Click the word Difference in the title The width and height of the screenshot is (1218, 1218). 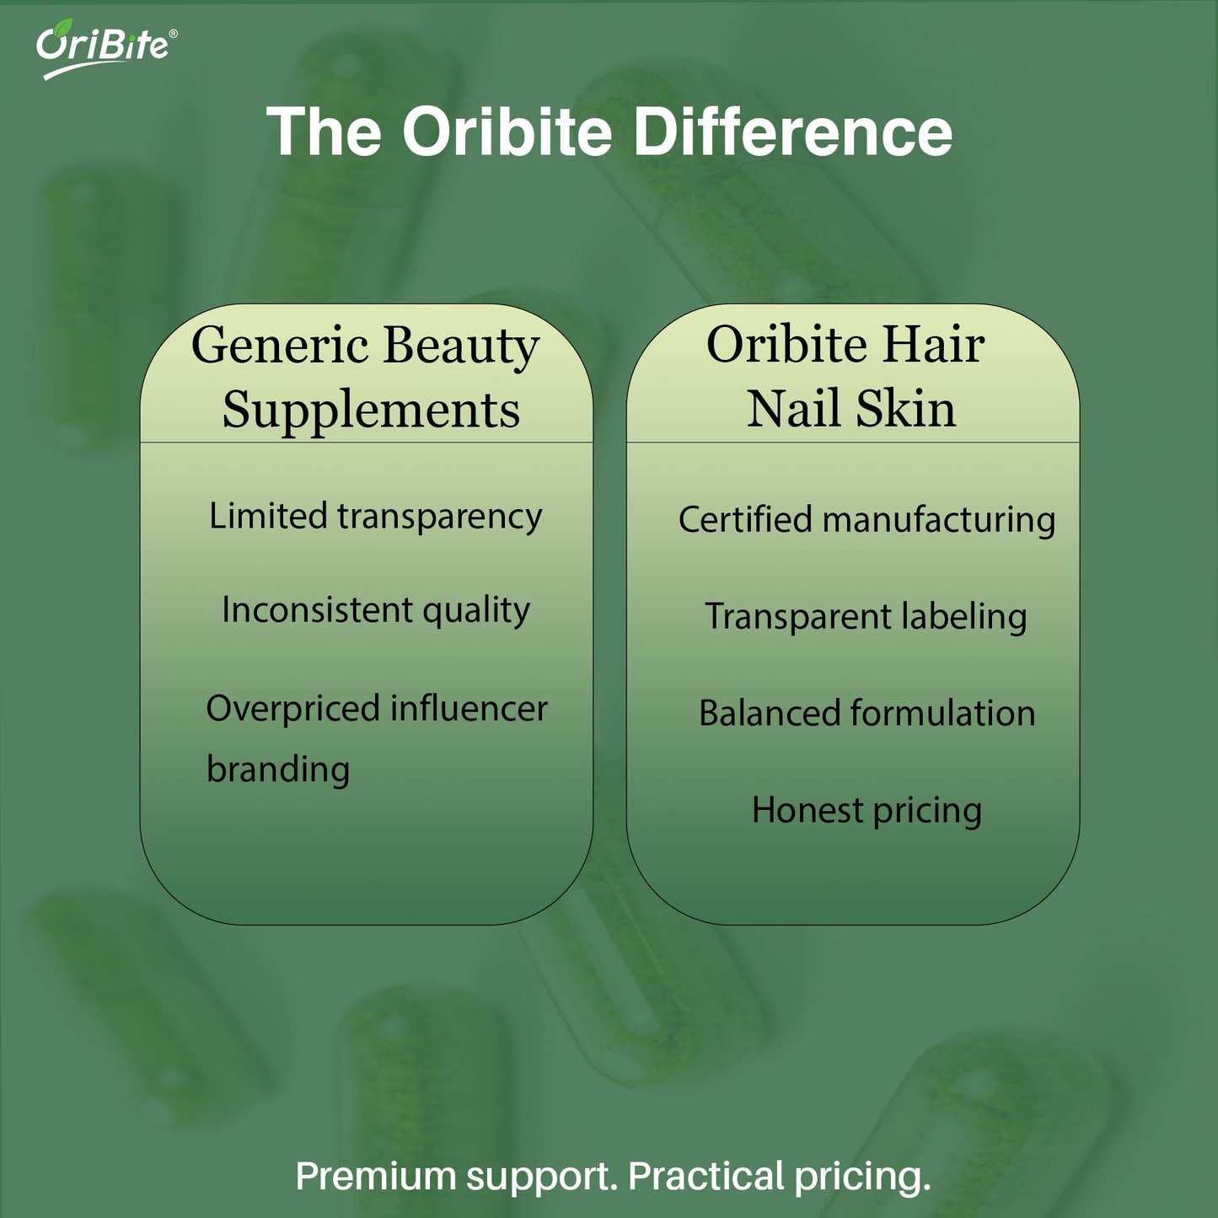click(x=792, y=132)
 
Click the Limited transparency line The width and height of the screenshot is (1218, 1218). click(x=375, y=517)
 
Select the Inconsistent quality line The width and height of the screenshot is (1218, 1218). click(x=375, y=610)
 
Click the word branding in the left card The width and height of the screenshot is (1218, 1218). click(x=278, y=770)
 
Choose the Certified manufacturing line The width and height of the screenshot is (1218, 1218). click(x=867, y=520)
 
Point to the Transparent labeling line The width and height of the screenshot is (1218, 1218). click(x=866, y=617)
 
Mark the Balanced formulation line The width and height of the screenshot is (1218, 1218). click(x=867, y=714)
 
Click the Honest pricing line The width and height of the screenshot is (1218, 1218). click(x=867, y=811)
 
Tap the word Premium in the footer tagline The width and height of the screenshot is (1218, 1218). click(x=375, y=1176)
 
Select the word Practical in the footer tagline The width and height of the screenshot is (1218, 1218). click(x=706, y=1176)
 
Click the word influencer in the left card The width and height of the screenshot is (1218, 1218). click(x=469, y=709)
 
